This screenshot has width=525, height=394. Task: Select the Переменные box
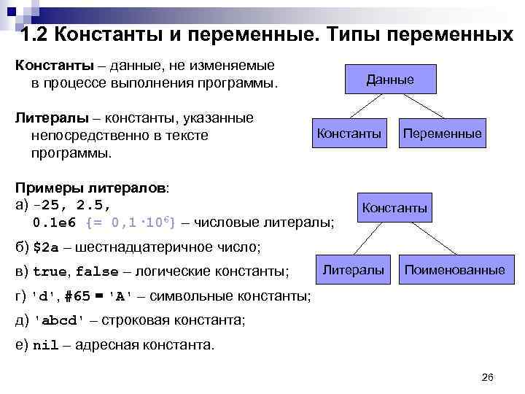(442, 134)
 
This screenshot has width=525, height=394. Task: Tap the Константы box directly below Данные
(349, 134)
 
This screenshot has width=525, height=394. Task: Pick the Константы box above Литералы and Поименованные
(394, 208)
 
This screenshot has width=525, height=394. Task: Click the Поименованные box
(454, 270)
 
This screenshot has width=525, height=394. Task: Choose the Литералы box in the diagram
(354, 270)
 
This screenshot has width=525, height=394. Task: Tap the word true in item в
(50, 272)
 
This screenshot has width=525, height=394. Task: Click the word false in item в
(97, 272)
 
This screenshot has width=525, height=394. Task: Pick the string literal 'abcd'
(65, 321)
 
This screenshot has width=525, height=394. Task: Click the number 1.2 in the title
(35, 34)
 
